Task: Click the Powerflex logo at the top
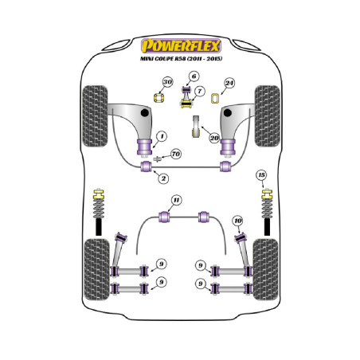[181, 46]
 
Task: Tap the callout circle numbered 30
[167, 82]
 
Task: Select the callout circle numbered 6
[194, 76]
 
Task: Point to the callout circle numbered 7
[199, 92]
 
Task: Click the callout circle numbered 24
[229, 84]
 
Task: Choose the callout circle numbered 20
[214, 138]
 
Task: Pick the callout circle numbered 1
[162, 137]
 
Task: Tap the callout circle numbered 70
[176, 154]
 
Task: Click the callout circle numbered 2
[163, 178]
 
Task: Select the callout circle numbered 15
[261, 175]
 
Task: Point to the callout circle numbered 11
[177, 200]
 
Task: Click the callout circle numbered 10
[238, 221]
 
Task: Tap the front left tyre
[95, 116]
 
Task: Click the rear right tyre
[266, 269]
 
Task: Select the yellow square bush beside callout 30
[159, 98]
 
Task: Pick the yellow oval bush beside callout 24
[215, 98]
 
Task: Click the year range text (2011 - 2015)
[205, 59]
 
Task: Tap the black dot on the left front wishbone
[144, 113]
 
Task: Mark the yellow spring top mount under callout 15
[267, 194]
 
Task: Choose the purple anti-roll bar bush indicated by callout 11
[164, 217]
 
